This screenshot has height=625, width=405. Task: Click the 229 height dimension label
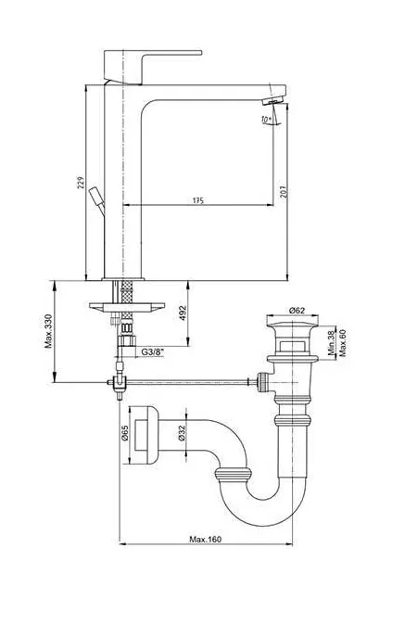click(81, 183)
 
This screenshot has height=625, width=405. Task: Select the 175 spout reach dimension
click(198, 200)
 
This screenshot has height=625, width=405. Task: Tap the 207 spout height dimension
click(284, 192)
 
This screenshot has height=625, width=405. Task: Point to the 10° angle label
click(266, 119)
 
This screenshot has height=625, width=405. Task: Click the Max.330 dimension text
click(48, 331)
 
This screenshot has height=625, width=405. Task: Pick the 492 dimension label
click(183, 313)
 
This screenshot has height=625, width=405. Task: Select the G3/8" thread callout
click(153, 352)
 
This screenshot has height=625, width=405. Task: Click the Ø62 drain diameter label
click(297, 310)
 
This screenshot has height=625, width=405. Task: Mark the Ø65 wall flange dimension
click(124, 433)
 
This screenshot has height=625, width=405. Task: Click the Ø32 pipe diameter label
click(183, 433)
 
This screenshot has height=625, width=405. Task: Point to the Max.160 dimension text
click(205, 540)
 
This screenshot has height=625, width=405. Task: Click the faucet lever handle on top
click(153, 67)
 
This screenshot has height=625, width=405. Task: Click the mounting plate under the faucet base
click(127, 308)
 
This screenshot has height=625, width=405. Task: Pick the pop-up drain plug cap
click(292, 321)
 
